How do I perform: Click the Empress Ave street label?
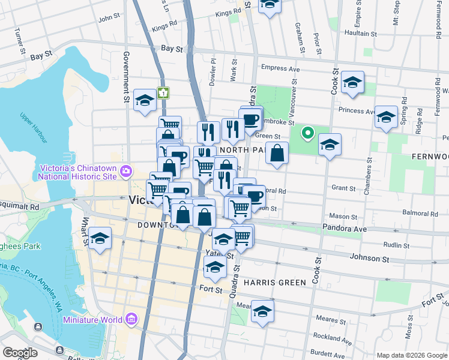280,69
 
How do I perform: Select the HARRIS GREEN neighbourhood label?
275,282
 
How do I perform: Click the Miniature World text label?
95,320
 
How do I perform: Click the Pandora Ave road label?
360,229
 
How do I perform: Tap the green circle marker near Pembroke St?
308,133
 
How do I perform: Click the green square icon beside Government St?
163,93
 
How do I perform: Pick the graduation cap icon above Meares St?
262,311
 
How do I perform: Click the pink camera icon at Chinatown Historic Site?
126,172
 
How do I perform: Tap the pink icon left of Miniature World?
131,320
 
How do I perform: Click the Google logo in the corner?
20,353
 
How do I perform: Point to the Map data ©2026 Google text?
411,355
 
